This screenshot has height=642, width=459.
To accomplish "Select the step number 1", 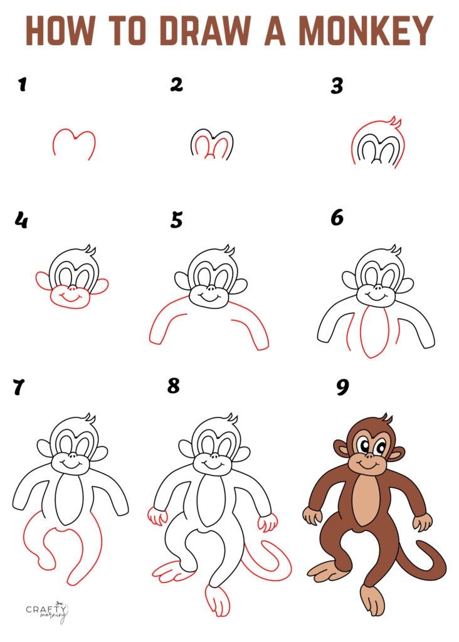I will (22, 84).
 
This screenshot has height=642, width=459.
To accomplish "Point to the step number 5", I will (177, 219).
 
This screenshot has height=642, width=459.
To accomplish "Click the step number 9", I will (342, 387).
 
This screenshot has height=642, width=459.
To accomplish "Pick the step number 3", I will (337, 85).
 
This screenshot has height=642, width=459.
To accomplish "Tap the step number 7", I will (19, 388).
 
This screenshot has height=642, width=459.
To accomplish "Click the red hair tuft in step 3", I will (394, 121).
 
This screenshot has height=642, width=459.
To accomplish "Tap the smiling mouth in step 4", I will (71, 297).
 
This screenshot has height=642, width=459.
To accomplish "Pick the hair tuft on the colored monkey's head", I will (386, 418).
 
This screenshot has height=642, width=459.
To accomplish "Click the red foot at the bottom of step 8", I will (217, 600).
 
